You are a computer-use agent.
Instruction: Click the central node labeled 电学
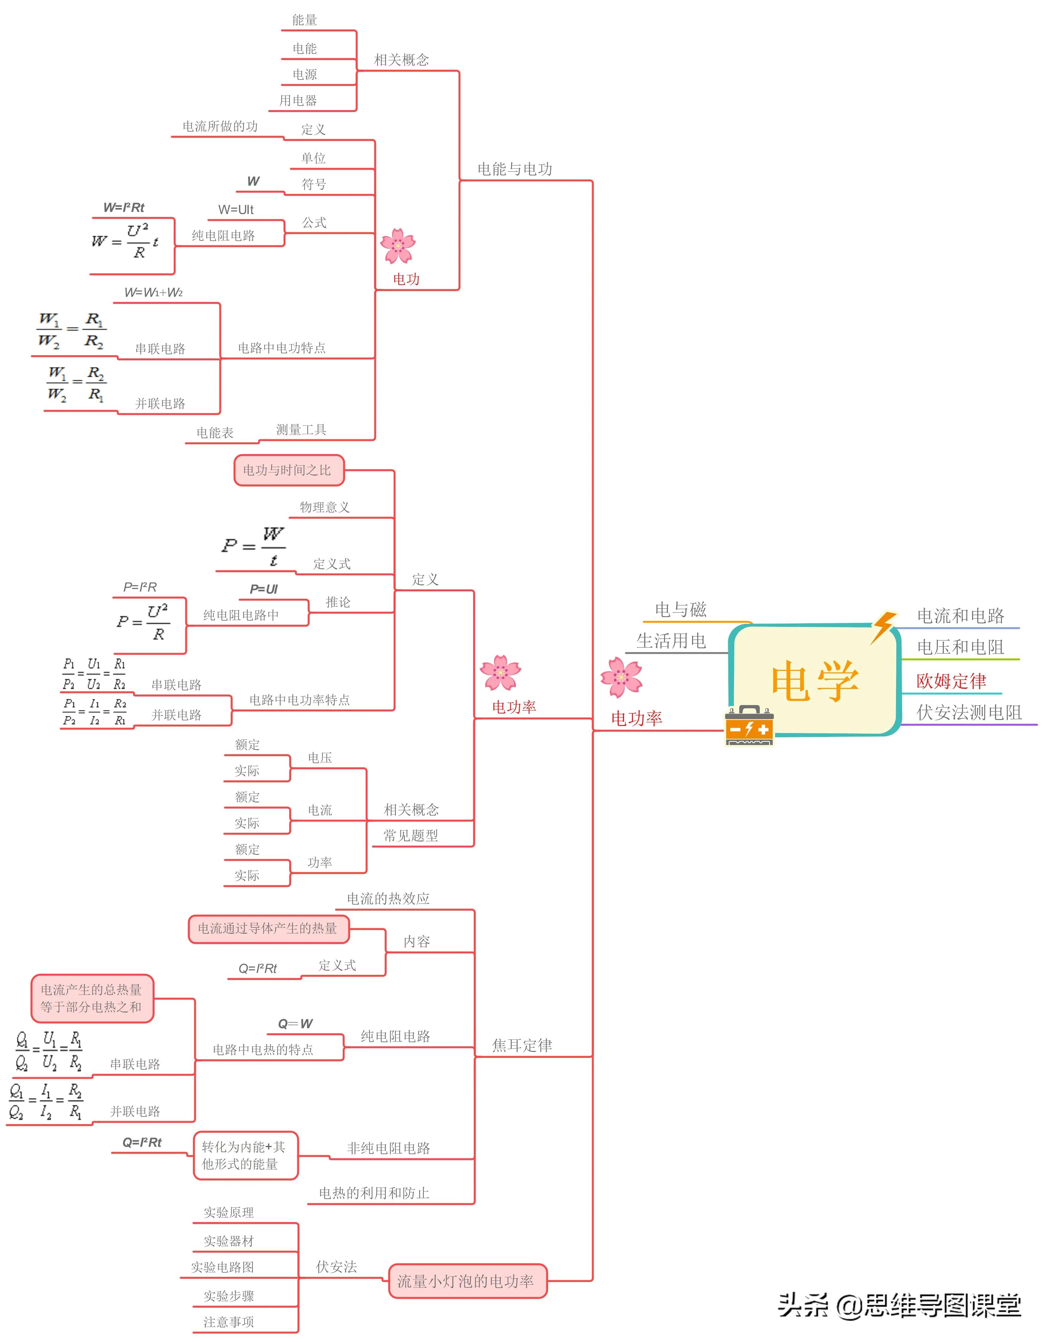point(815,681)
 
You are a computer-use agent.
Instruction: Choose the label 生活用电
point(671,641)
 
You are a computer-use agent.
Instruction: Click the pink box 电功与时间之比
point(288,470)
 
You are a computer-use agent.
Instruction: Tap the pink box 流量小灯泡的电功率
point(467,1281)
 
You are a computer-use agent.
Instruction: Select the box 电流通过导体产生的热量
point(268,929)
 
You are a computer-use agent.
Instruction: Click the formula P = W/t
point(253,546)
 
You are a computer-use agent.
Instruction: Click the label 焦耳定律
point(522,1045)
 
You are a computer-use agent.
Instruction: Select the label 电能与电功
point(514,169)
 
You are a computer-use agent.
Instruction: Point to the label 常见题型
point(411,836)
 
